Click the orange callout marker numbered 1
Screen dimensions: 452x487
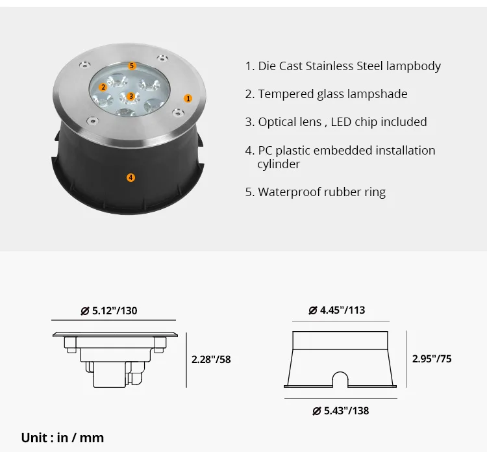tap(188, 99)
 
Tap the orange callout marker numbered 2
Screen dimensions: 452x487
tap(103, 87)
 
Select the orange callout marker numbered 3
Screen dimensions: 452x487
tap(131, 96)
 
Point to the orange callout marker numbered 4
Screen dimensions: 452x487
tap(131, 177)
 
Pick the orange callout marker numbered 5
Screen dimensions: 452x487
tap(132, 66)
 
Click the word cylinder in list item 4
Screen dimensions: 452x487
tap(279, 164)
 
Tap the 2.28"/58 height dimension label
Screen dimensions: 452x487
tap(211, 359)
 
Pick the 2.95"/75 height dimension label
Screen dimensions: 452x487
tap(432, 358)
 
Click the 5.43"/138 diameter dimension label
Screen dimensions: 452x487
tap(340, 410)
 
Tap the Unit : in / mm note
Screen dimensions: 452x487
tap(62, 438)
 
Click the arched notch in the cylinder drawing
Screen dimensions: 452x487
tap(341, 379)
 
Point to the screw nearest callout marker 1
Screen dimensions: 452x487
tap(176, 113)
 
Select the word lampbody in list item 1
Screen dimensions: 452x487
tap(414, 66)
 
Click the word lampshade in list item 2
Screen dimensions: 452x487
tap(377, 94)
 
